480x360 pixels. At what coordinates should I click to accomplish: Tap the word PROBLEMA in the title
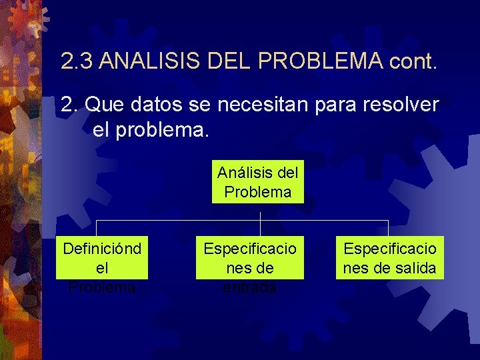[319, 62]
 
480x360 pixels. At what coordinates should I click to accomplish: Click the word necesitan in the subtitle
[242, 105]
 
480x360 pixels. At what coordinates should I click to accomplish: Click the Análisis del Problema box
[258, 182]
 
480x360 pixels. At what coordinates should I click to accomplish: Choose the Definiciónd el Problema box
[101, 257]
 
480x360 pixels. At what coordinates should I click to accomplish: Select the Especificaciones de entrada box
[249, 257]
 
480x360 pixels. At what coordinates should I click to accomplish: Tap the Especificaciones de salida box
[389, 257]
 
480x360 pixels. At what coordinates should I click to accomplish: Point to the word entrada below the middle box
[249, 287]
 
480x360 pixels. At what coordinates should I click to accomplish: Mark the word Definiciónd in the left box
[101, 249]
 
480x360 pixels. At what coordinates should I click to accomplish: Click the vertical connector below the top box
[260, 211]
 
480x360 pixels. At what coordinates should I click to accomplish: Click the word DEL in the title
[231, 62]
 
